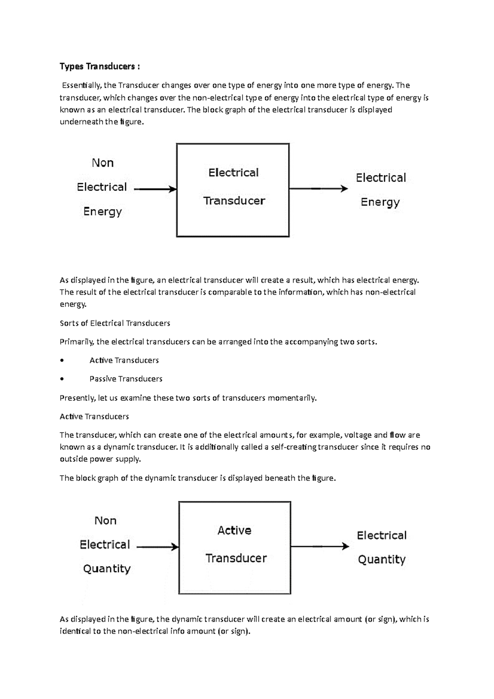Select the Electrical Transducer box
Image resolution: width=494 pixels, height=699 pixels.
pos(233,190)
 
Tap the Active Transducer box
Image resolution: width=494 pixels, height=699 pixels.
pos(235,547)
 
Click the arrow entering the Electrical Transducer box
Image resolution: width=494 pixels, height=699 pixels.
pos(155,189)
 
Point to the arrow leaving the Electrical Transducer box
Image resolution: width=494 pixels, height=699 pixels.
pos(318,189)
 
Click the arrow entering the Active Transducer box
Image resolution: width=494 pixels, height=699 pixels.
pos(157,547)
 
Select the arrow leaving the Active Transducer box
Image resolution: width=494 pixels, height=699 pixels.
pos(319,546)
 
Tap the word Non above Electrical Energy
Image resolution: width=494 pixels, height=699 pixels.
pos(103,163)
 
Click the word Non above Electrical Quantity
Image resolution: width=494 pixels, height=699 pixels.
pos(105,521)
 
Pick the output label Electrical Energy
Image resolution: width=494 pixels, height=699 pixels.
pos(381,190)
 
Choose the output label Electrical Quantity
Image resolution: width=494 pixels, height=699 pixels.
pos(382,547)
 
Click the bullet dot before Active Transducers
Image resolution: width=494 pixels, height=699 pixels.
pos(62,361)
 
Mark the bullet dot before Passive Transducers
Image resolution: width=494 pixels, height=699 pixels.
pos(62,379)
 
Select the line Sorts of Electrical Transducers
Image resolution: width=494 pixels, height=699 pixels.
pos(115,323)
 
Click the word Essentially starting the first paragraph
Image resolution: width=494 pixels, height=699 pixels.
pos(82,86)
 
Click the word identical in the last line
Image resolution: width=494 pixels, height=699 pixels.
pos(75,631)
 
